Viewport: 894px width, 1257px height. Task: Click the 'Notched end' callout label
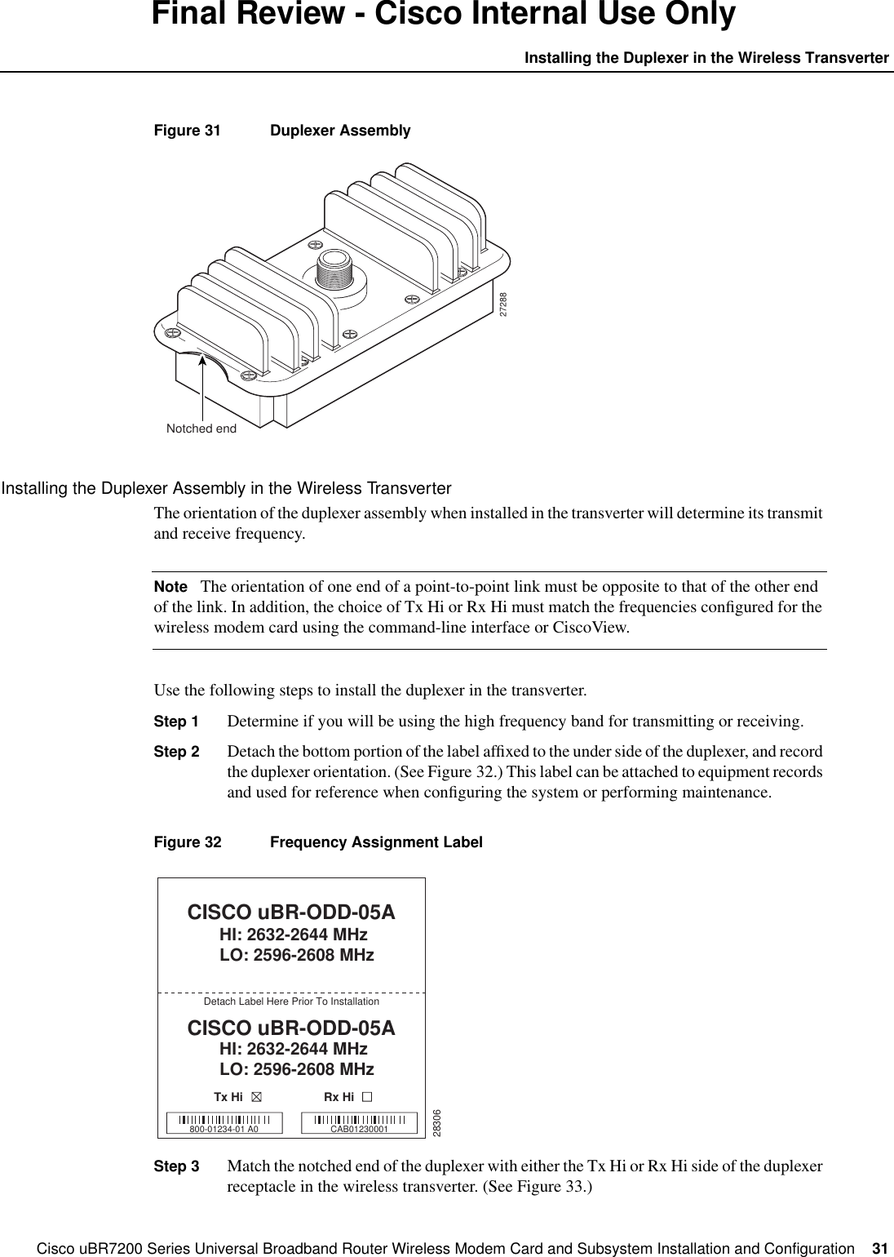click(x=201, y=429)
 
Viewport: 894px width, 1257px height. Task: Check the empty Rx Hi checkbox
click(x=368, y=1098)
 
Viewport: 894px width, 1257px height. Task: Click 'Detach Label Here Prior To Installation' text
click(x=290, y=1001)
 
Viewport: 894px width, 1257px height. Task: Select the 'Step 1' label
click(x=175, y=722)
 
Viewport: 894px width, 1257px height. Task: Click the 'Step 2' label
click(x=175, y=752)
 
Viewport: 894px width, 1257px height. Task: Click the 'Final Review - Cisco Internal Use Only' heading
click(x=444, y=15)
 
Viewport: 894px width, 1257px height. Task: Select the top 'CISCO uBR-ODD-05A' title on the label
click(x=291, y=911)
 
